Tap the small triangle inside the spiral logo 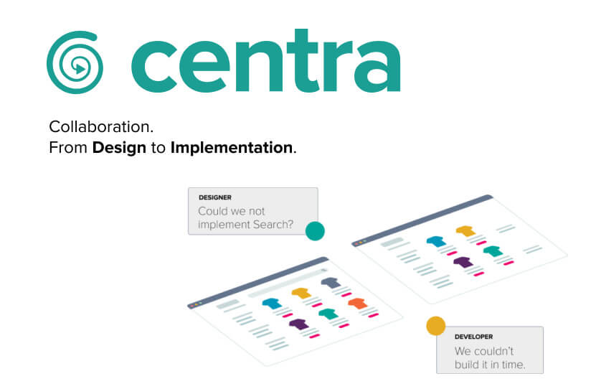click(x=80, y=69)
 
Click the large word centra click(x=265, y=61)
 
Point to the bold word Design click(x=119, y=148)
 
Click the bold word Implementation click(x=232, y=147)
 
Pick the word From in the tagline click(x=68, y=148)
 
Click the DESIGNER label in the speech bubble click(x=214, y=197)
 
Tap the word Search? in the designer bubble click(x=273, y=225)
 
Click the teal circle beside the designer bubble click(x=315, y=231)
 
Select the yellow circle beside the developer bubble click(x=435, y=326)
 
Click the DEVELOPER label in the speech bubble click(x=473, y=337)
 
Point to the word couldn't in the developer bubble click(x=495, y=350)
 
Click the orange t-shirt click(x=358, y=304)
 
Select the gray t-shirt click(x=331, y=283)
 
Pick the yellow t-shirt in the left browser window click(x=301, y=293)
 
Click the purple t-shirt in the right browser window click(x=463, y=262)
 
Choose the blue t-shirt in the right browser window click(x=436, y=241)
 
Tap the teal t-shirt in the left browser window click(x=328, y=314)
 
